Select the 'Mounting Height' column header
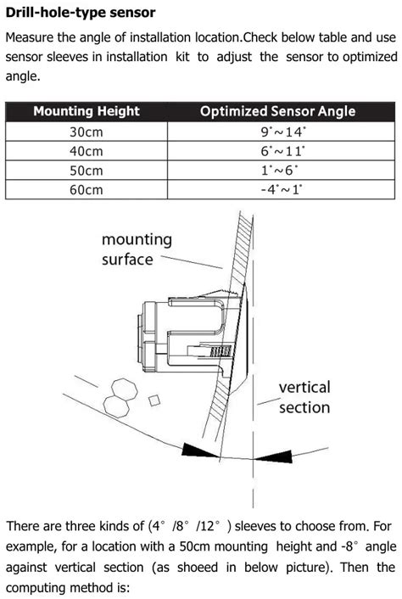tap(86, 111)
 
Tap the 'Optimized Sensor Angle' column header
tap(277, 111)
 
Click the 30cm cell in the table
tap(86, 132)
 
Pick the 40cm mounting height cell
tap(86, 151)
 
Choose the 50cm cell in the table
tap(86, 170)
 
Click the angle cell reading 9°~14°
tap(282, 132)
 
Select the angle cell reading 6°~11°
tap(282, 151)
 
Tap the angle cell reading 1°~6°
tap(282, 170)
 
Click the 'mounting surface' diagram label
tap(137, 249)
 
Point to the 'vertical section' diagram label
tap(304, 397)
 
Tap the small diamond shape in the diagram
tap(154, 398)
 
